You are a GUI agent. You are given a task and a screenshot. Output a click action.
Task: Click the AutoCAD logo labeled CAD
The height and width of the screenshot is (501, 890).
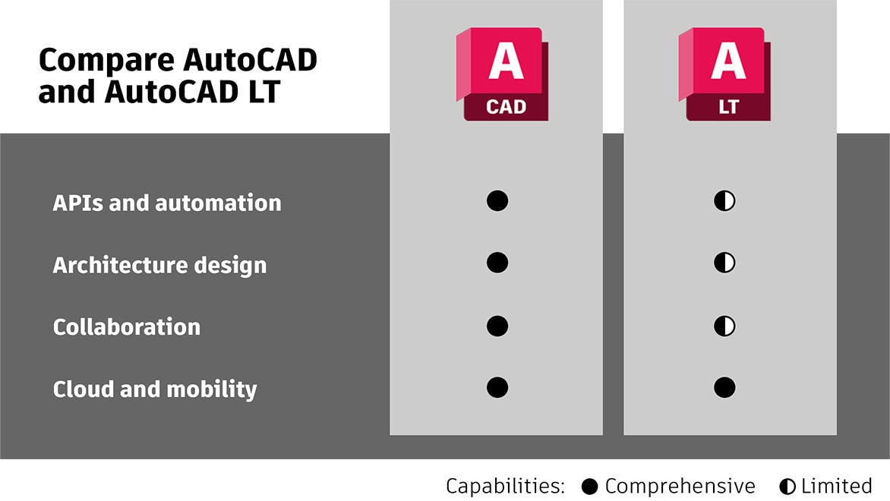[x=502, y=74]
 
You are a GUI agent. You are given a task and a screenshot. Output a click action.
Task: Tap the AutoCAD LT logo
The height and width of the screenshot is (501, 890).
[x=724, y=74]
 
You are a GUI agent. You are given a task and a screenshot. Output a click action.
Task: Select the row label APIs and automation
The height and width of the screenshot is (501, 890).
[x=167, y=203]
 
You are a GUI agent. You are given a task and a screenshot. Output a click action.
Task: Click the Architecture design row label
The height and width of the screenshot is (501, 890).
[x=159, y=266]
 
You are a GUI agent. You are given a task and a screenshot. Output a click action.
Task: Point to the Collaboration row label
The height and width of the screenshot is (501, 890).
[x=127, y=327]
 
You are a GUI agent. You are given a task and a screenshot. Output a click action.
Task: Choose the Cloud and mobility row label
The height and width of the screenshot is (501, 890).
[x=155, y=389]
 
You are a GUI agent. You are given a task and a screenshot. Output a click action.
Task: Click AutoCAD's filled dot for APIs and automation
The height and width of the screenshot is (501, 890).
[x=497, y=201]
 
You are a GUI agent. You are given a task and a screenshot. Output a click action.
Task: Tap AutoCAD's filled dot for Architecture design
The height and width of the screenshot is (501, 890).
[x=497, y=263]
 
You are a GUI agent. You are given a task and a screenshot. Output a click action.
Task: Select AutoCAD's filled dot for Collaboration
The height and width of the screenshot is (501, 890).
[x=497, y=326]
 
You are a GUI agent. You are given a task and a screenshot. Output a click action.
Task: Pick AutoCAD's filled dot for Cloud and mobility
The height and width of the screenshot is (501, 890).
[x=497, y=388]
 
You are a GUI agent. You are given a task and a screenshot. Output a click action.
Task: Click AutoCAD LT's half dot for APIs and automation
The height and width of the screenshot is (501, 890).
[x=724, y=201]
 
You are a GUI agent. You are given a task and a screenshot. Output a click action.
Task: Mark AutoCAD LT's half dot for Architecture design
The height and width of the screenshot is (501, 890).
[x=724, y=263]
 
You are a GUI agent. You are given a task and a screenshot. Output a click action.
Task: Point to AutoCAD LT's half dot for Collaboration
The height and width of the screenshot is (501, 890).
[x=724, y=326]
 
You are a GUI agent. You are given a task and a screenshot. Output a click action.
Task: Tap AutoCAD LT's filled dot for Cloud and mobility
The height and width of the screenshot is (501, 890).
[x=724, y=388]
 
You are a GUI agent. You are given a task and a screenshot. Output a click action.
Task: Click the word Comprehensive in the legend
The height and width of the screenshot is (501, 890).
[x=680, y=487]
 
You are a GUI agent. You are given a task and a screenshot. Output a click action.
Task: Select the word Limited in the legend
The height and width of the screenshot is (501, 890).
[x=837, y=487]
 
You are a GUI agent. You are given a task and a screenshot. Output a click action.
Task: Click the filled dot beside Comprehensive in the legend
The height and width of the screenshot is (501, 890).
[x=590, y=487]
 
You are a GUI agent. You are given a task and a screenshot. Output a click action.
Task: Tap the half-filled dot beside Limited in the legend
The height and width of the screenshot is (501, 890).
[x=787, y=487]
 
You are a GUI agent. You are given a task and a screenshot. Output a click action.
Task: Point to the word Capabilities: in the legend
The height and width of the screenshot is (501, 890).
[x=505, y=487]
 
